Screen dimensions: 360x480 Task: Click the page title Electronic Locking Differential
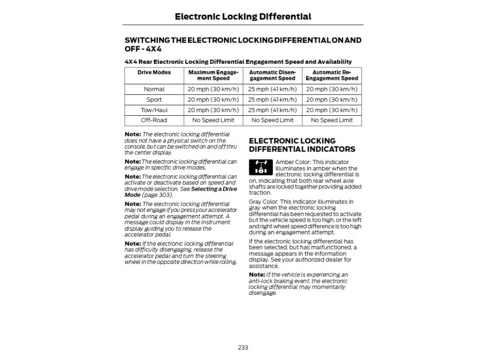click(243, 17)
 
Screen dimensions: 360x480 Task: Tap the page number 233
click(243, 347)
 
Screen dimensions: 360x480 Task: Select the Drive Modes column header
click(154, 73)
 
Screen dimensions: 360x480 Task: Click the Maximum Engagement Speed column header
click(213, 75)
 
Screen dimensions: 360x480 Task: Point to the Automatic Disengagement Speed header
click(272, 75)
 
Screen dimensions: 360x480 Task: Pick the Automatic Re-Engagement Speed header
click(331, 75)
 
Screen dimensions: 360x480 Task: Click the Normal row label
click(154, 89)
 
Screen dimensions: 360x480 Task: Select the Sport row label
click(154, 100)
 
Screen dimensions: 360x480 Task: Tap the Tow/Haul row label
click(154, 110)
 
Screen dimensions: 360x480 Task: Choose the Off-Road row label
click(154, 120)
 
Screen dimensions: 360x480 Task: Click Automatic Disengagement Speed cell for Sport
click(272, 100)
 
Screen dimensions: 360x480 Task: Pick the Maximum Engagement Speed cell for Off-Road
click(213, 120)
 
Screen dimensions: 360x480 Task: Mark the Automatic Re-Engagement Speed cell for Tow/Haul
click(331, 110)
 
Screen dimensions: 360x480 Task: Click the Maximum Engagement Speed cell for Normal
click(213, 89)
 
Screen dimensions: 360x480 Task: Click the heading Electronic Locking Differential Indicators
click(302, 145)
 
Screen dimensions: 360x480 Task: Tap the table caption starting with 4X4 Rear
click(238, 61)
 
